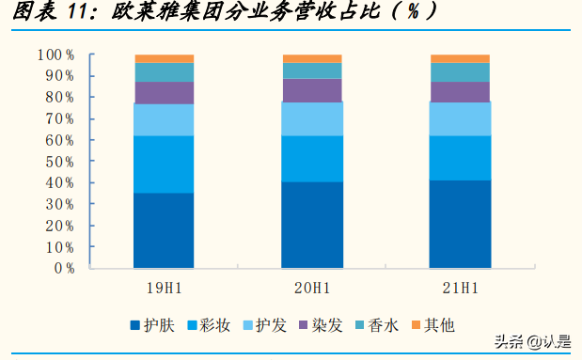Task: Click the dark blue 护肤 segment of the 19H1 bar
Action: coord(164,230)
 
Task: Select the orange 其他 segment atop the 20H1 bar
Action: coord(312,58)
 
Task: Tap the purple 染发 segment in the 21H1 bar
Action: coord(460,91)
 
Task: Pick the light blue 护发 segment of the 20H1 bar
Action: coord(312,118)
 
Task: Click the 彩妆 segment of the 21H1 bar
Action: coord(460,157)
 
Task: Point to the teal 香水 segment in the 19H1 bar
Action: coord(164,72)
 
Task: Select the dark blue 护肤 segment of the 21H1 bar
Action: coord(460,224)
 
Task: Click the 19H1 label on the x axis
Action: coord(164,285)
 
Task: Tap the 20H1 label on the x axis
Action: coord(312,285)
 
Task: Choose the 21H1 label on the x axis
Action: coord(460,285)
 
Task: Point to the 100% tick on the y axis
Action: coord(55,55)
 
